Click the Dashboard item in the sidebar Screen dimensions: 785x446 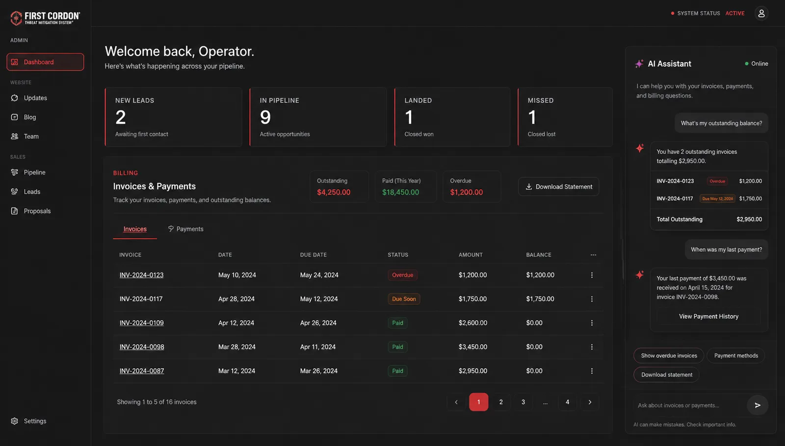(x=45, y=62)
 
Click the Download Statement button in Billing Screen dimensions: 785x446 (x=559, y=187)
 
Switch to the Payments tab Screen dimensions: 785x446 (x=186, y=229)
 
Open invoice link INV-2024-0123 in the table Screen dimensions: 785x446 (x=141, y=275)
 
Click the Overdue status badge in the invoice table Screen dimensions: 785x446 (x=402, y=275)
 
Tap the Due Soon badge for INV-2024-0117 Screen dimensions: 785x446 (x=404, y=299)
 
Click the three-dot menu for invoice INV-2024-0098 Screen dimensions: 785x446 (x=592, y=347)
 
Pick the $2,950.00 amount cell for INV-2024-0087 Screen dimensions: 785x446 (x=473, y=371)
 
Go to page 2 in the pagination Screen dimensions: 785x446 (x=501, y=402)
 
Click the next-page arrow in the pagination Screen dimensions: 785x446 (x=590, y=402)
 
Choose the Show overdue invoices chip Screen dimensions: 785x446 (x=669, y=356)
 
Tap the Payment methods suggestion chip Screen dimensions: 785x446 (x=736, y=356)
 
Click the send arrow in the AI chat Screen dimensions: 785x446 (x=758, y=405)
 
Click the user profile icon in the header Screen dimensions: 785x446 (x=761, y=13)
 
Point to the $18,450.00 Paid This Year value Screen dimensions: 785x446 (x=400, y=192)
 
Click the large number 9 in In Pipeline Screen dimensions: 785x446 (x=265, y=117)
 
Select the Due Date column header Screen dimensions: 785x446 (x=314, y=255)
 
